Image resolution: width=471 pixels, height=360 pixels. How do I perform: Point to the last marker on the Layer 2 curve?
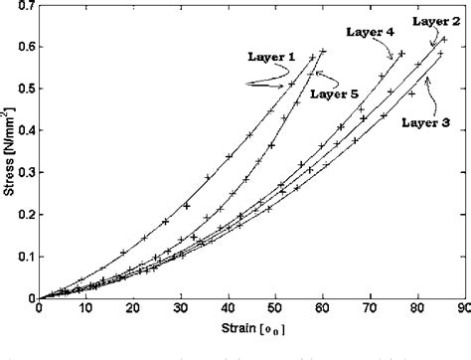(x=443, y=41)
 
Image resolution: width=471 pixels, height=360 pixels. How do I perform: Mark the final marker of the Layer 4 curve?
(x=401, y=53)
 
